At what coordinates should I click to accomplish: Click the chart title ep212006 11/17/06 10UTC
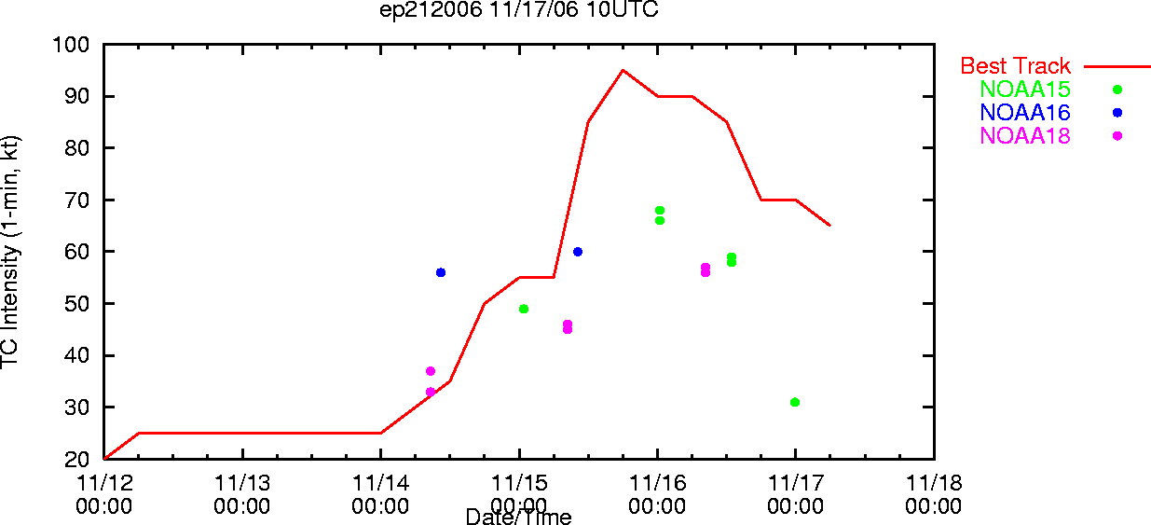pos(518,9)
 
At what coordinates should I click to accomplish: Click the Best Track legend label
pos(1015,66)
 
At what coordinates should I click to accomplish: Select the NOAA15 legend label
pos(1025,89)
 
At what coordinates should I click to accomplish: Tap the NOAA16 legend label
pos(1025,112)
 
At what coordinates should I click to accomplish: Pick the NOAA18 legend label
pos(1025,136)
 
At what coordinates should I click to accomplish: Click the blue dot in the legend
pos(1117,112)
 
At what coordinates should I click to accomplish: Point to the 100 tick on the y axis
pos(71,45)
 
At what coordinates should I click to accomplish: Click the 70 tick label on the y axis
pos(77,200)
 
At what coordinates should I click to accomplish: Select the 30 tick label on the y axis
pos(77,408)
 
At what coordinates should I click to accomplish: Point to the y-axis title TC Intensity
pos(10,252)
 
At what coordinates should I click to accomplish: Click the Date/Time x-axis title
pos(518,517)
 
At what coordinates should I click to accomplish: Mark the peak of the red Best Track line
pos(623,70)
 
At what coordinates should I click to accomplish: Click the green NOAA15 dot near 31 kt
pos(795,402)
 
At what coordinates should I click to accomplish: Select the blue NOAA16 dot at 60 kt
pos(578,252)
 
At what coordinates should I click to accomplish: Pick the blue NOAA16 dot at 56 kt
pos(440,272)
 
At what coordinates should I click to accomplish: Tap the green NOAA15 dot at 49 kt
pos(524,309)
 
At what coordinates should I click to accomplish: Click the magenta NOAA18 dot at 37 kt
pos(431,371)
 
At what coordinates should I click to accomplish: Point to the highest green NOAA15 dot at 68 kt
pos(660,211)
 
